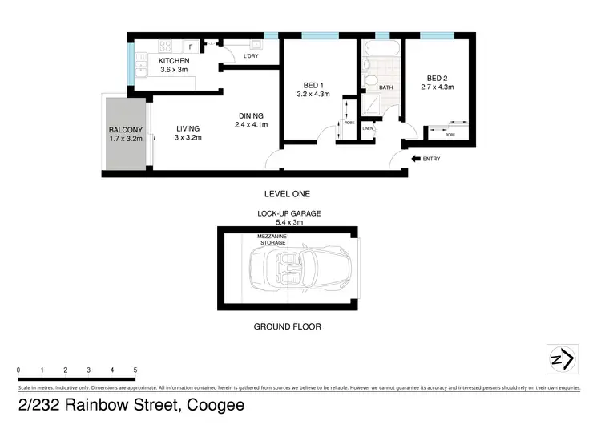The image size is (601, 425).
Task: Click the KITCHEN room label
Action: point(174,61)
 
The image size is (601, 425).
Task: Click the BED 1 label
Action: point(313,84)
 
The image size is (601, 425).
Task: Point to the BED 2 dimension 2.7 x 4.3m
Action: point(437,87)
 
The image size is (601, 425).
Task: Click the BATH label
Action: point(385,88)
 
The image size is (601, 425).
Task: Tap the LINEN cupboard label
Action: point(368,128)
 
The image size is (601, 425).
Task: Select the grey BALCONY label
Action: point(126,131)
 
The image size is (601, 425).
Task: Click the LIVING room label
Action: point(188,128)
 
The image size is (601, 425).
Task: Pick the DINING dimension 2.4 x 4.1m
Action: point(251,124)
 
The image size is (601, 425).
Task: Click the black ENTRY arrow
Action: point(416,159)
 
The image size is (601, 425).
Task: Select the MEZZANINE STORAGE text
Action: point(272,239)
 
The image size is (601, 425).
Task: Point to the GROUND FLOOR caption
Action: point(287,326)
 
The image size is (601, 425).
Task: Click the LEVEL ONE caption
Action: point(286,194)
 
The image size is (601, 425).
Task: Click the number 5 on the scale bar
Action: point(135,370)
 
